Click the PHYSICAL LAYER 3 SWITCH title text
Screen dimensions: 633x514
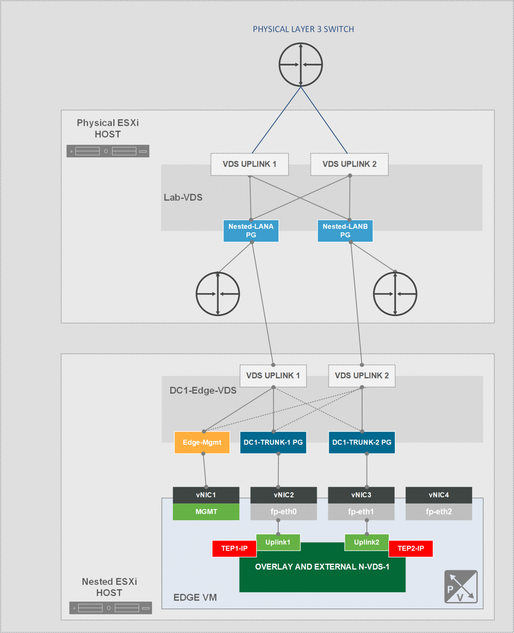coord(303,29)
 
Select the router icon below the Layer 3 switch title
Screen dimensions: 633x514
coord(301,65)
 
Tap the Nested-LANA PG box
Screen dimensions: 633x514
coord(251,231)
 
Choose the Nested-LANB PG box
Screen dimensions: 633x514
coord(345,231)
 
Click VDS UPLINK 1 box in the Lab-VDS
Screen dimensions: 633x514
coord(250,164)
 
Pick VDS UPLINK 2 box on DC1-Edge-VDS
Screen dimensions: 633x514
coord(362,376)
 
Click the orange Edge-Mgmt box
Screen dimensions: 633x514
coord(202,442)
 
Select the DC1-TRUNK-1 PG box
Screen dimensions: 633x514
coord(273,442)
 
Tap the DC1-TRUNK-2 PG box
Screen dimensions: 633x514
coord(362,442)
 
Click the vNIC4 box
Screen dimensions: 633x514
coord(439,495)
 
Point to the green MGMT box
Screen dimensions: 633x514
coord(206,512)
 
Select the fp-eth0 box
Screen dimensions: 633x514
coord(284,512)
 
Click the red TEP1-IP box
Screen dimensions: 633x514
coord(234,548)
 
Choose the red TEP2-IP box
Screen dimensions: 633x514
coord(411,548)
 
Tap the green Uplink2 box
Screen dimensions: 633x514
coord(366,542)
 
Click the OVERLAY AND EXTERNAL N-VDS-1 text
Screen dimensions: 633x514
coord(322,567)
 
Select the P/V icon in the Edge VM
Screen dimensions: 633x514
coord(461,587)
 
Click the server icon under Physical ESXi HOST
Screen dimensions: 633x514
coord(108,151)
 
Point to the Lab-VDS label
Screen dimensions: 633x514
coord(183,197)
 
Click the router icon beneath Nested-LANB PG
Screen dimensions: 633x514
coord(395,294)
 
